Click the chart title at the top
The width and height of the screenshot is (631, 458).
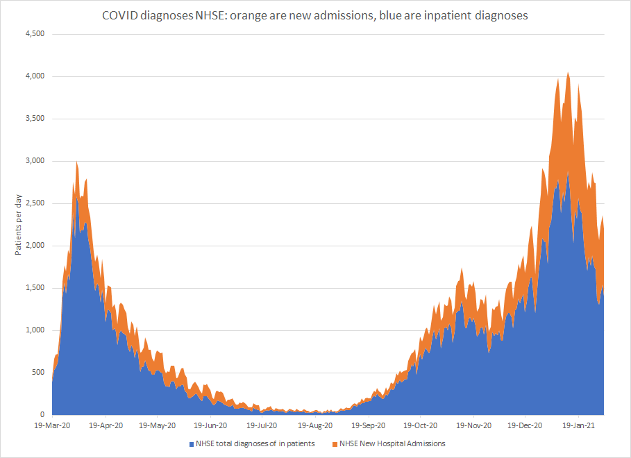click(316, 15)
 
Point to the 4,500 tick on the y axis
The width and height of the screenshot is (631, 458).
click(35, 34)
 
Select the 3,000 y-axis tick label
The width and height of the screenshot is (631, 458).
click(35, 161)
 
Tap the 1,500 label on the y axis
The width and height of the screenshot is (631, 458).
click(35, 288)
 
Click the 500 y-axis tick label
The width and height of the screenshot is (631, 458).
click(39, 373)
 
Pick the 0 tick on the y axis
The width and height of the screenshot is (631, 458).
click(43, 415)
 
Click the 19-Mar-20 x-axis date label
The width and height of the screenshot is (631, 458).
click(52, 425)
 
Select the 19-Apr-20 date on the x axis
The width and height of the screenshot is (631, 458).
click(106, 425)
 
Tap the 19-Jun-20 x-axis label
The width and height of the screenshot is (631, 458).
click(210, 425)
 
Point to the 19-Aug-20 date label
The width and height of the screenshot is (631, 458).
click(316, 425)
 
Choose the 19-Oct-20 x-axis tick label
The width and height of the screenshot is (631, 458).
click(420, 425)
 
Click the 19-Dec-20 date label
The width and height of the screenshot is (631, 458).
click(525, 425)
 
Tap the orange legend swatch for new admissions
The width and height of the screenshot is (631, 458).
click(335, 443)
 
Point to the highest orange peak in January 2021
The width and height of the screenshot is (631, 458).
click(569, 73)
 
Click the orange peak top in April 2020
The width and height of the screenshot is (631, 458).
click(76, 162)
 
